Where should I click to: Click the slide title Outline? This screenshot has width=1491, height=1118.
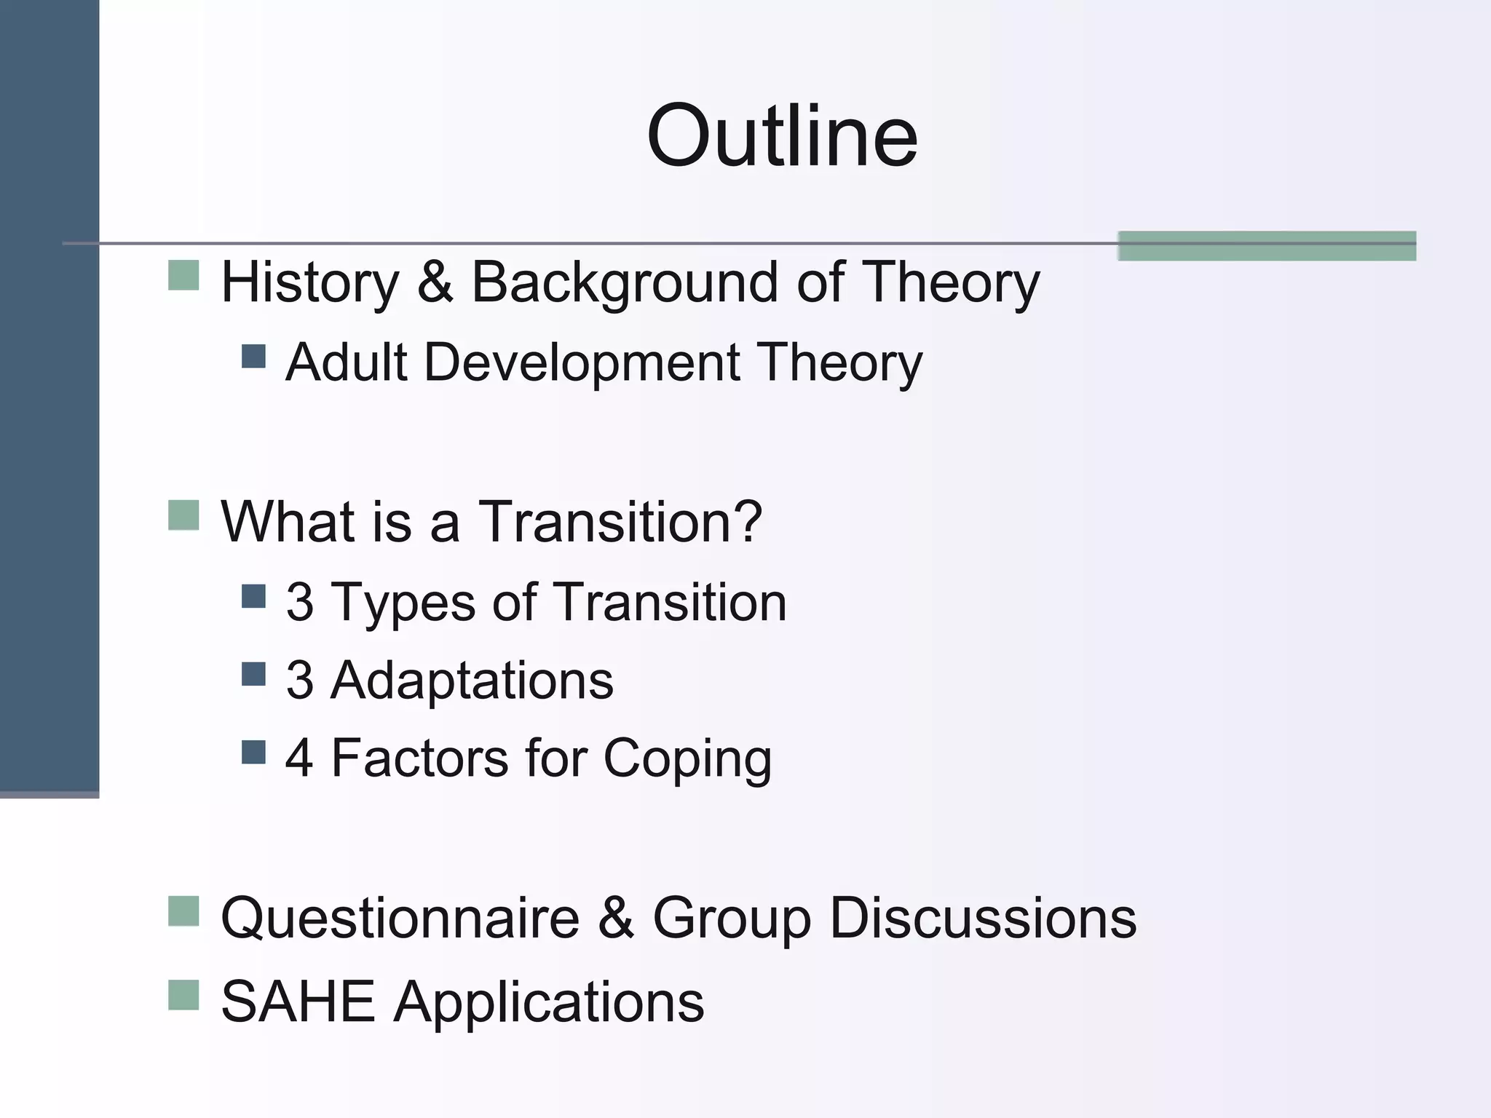(782, 136)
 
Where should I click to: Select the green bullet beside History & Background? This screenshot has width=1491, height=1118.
(183, 275)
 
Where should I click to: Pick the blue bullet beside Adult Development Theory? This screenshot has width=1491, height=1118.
(253, 356)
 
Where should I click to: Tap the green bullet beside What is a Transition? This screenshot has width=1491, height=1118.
(183, 515)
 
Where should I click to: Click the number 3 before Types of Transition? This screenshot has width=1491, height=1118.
(300, 603)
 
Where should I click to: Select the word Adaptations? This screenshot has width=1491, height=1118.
(472, 681)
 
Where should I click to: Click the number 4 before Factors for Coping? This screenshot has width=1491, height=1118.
(300, 758)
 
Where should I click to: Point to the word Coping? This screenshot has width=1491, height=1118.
(687, 760)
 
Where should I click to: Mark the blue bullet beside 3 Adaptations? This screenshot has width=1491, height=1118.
(253, 673)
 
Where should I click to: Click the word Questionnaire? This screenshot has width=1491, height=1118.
(400, 918)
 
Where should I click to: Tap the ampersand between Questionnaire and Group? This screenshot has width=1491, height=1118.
(616, 918)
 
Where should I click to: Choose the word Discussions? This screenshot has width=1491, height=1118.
(983, 918)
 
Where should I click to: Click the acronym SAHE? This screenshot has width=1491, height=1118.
(298, 1002)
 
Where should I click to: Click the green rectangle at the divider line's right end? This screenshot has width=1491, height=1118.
(1267, 245)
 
